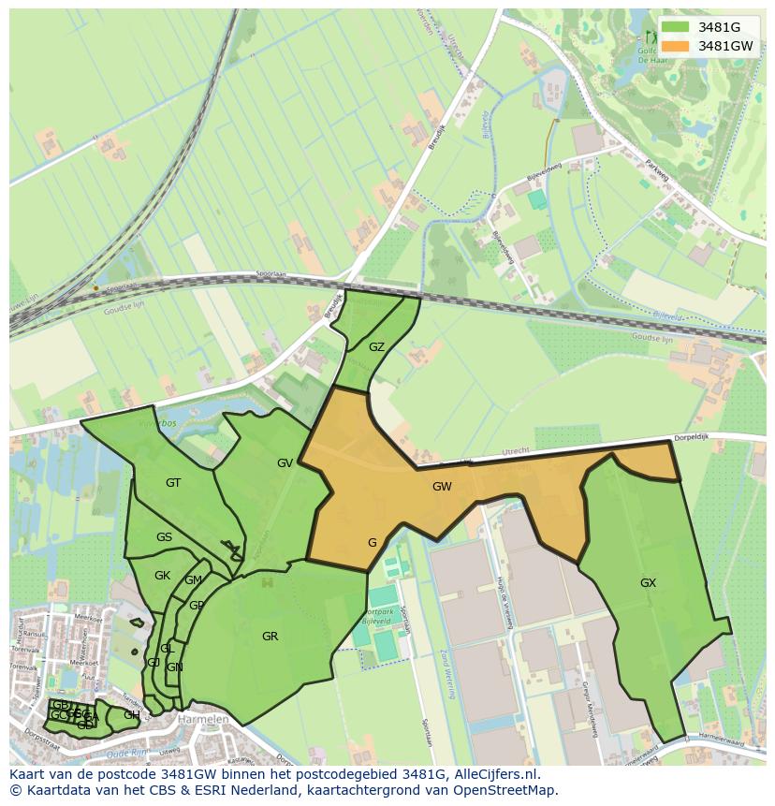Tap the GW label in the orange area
[442, 487]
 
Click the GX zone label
[648, 583]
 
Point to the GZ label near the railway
[376, 347]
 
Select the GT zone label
[173, 483]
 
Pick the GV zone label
[285, 463]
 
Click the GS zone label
[164, 537]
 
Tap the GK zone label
[162, 576]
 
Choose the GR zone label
[270, 637]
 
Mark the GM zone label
[193, 580]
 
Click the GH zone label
[132, 715]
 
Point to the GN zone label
[174, 667]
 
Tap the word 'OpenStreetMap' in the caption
[510, 791]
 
